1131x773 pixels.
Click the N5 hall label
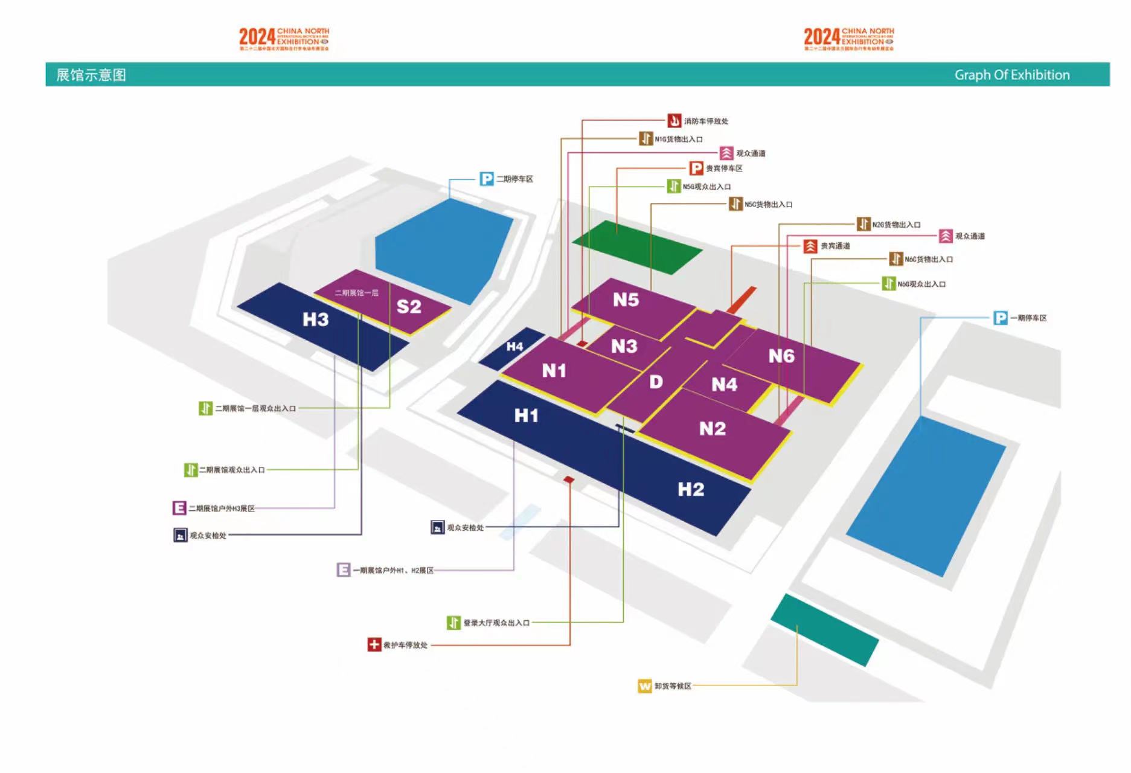tap(626, 300)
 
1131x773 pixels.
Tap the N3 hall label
tap(624, 346)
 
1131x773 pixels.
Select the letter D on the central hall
tap(656, 382)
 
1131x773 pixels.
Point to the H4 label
tap(514, 347)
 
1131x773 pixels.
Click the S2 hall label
tap(409, 307)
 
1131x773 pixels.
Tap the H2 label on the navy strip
tap(691, 489)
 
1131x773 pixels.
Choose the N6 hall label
tap(781, 356)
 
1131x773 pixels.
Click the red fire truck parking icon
tap(674, 121)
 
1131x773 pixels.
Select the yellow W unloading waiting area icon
tap(644, 686)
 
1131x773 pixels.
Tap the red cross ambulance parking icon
tap(374, 644)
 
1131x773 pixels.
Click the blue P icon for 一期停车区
tap(1000, 318)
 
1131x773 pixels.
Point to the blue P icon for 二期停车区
tap(486, 179)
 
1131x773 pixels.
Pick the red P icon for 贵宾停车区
tap(696, 168)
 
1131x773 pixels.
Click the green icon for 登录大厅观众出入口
tap(453, 622)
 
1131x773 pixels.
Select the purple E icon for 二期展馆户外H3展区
tap(179, 508)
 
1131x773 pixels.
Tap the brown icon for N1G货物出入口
tap(646, 139)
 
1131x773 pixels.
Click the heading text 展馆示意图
tap(91, 75)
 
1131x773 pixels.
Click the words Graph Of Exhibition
tap(1011, 75)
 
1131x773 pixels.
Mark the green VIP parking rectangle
tap(636, 247)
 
